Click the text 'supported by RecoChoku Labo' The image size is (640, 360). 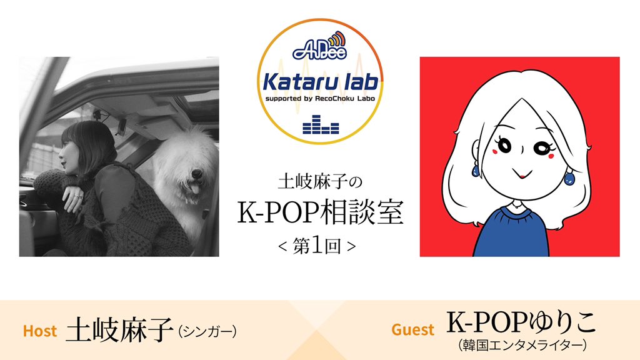coord(320,98)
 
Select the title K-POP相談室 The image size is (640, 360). coord(320,214)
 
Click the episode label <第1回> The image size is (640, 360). coord(320,245)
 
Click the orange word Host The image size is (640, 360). coord(40,331)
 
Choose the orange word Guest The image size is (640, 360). coord(412,329)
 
